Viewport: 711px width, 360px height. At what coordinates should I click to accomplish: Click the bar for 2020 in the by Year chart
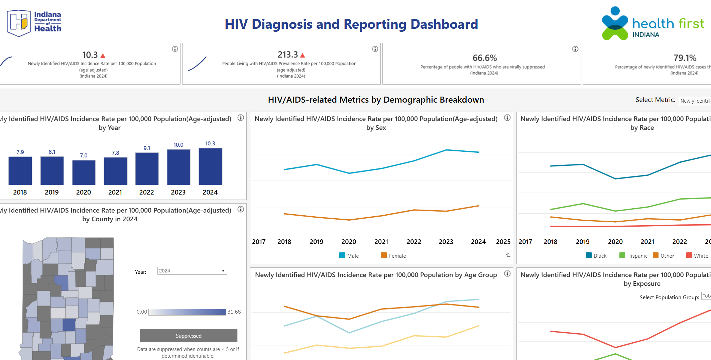84,172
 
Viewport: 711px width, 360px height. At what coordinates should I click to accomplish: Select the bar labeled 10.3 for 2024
210,166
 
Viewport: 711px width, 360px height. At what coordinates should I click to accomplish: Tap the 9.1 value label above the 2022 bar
147,148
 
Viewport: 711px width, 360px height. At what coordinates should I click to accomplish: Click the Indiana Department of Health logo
34,23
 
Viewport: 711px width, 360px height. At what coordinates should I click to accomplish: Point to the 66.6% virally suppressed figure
484,58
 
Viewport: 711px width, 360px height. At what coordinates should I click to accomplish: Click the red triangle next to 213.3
303,55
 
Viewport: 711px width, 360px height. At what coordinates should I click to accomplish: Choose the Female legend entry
393,256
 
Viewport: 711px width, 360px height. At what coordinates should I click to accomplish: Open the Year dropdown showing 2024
192,271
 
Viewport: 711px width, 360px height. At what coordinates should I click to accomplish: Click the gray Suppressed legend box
189,336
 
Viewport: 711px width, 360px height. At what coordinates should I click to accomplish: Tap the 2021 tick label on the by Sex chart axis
381,242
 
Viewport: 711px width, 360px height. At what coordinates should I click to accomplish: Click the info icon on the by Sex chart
507,118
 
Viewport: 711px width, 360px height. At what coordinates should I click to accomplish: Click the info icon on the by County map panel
241,209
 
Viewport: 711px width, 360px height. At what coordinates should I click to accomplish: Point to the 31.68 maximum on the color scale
234,312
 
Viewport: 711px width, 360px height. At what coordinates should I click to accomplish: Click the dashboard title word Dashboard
444,24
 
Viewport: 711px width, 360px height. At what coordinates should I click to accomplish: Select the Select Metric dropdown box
695,101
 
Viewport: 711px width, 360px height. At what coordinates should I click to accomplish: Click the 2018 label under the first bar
20,192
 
